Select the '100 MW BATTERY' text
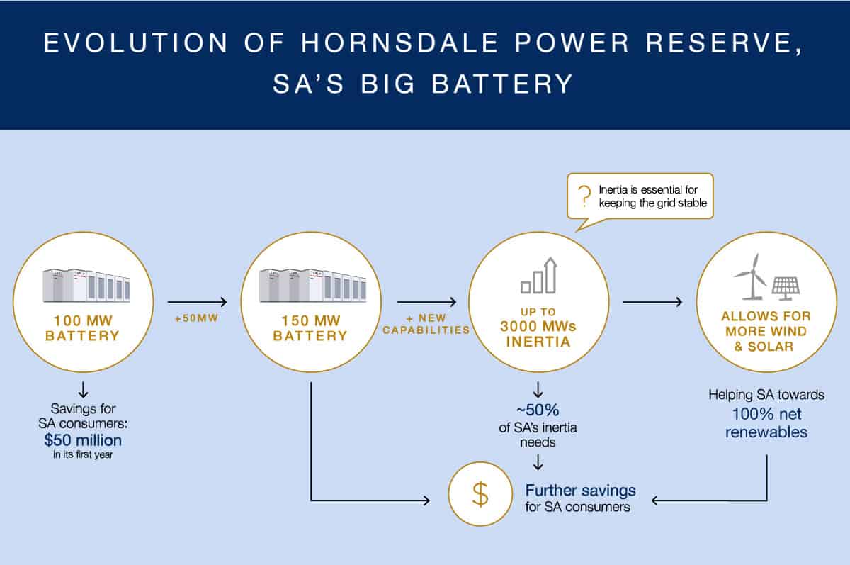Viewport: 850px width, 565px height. (x=82, y=328)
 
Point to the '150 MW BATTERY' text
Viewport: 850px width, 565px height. (x=310, y=328)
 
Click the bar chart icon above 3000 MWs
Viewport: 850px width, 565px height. (x=539, y=276)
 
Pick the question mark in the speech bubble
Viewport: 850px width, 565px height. (x=585, y=196)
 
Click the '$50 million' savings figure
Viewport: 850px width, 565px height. (x=82, y=440)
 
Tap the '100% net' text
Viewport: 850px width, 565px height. (x=768, y=413)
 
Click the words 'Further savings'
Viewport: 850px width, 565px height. (x=580, y=490)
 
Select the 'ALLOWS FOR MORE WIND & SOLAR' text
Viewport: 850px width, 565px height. (x=766, y=330)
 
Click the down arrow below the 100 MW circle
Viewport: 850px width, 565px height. (x=83, y=388)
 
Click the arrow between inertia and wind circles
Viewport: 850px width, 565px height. (x=652, y=302)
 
